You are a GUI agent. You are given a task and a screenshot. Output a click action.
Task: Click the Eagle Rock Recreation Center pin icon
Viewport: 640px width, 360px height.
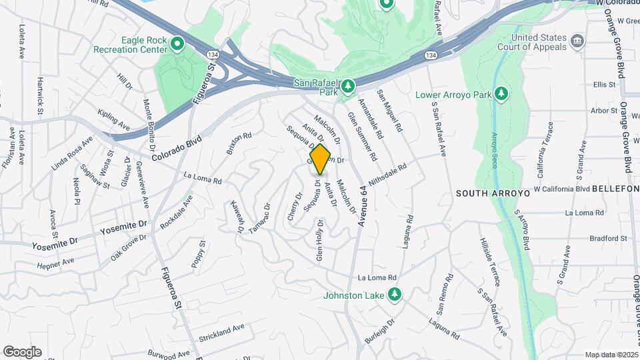177,45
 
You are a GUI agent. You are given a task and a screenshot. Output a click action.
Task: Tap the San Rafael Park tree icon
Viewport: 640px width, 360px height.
347,87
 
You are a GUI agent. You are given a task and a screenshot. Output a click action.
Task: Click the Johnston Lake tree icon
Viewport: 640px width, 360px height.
395,293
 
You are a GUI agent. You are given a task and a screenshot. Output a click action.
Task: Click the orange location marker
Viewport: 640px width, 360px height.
321,159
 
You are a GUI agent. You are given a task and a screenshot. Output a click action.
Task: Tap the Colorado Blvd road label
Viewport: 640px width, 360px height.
175,147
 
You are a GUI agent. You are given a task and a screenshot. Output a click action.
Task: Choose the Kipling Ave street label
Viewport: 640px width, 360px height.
113,119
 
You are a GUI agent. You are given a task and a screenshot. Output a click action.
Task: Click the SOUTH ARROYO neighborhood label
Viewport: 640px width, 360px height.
493,193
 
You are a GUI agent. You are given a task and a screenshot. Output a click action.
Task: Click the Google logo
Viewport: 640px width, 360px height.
22,351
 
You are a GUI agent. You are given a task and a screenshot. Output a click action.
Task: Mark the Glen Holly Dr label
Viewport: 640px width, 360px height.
320,240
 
